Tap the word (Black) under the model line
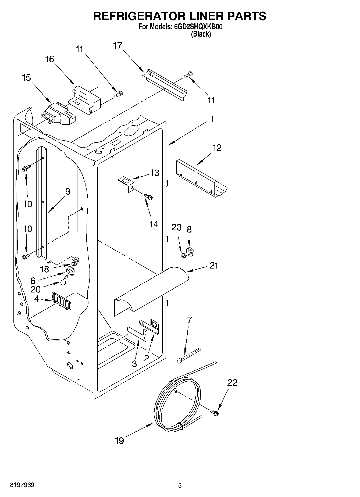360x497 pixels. [x=201, y=34]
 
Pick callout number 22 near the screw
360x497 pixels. [x=232, y=382]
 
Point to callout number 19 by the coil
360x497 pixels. [x=119, y=441]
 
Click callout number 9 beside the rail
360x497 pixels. [x=67, y=191]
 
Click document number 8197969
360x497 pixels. [x=22, y=485]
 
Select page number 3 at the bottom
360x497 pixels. [x=180, y=485]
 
